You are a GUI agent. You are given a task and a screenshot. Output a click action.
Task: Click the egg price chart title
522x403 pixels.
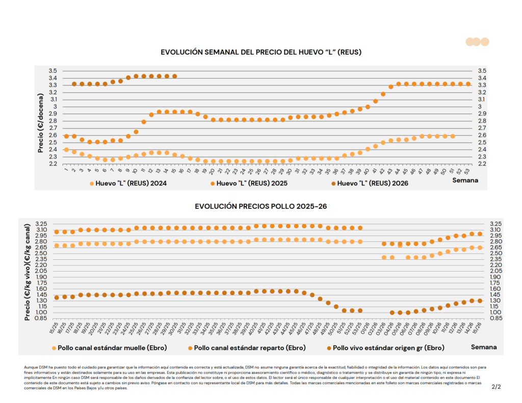(261, 52)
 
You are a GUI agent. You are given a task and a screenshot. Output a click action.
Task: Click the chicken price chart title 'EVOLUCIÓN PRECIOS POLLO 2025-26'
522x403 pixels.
(260, 206)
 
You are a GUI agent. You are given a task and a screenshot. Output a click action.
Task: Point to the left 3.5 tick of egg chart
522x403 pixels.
(53, 71)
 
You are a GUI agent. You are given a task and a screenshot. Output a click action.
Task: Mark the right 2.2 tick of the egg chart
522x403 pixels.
(482, 164)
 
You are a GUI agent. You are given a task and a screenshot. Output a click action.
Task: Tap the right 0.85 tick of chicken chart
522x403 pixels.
(495, 318)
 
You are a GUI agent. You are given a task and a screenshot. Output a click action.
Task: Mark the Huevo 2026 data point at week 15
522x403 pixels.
(175, 76)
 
